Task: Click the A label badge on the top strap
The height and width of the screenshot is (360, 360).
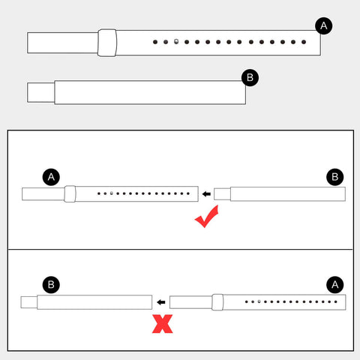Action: pyautogui.click(x=323, y=25)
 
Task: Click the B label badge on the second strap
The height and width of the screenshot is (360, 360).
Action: pyautogui.click(x=250, y=78)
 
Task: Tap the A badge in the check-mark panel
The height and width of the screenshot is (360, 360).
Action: pyautogui.click(x=51, y=177)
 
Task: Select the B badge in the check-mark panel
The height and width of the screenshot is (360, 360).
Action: pyautogui.click(x=335, y=177)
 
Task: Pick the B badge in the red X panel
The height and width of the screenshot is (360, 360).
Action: pyautogui.click(x=51, y=284)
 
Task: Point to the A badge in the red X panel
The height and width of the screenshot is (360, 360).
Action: pyautogui.click(x=335, y=284)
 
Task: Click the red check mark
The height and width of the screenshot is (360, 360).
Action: pyautogui.click(x=207, y=217)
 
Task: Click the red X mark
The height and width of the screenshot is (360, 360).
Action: pyautogui.click(x=163, y=324)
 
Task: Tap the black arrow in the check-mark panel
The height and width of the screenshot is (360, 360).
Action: pyautogui.click(x=206, y=194)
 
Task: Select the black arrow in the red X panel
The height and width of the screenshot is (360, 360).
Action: pyautogui.click(x=161, y=302)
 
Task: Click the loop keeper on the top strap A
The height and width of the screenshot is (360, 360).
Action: pyautogui.click(x=107, y=43)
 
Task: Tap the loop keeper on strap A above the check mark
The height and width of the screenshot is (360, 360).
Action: pyautogui.click(x=70, y=193)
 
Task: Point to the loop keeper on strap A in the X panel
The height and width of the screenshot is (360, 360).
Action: pyautogui.click(x=217, y=302)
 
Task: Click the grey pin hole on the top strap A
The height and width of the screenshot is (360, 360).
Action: pyautogui.click(x=176, y=41)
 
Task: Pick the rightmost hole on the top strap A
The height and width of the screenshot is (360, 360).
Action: pyautogui.click(x=304, y=42)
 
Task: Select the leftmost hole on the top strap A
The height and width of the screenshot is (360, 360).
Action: pyautogui.click(x=155, y=42)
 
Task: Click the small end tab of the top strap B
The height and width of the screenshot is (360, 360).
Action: pyautogui.click(x=41, y=92)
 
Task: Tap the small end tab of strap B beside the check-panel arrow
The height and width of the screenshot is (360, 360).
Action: pyautogui.click(x=222, y=194)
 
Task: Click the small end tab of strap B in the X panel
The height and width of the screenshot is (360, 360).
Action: pyautogui.click(x=29, y=302)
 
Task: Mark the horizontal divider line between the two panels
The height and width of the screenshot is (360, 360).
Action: pyautogui.click(x=181, y=249)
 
